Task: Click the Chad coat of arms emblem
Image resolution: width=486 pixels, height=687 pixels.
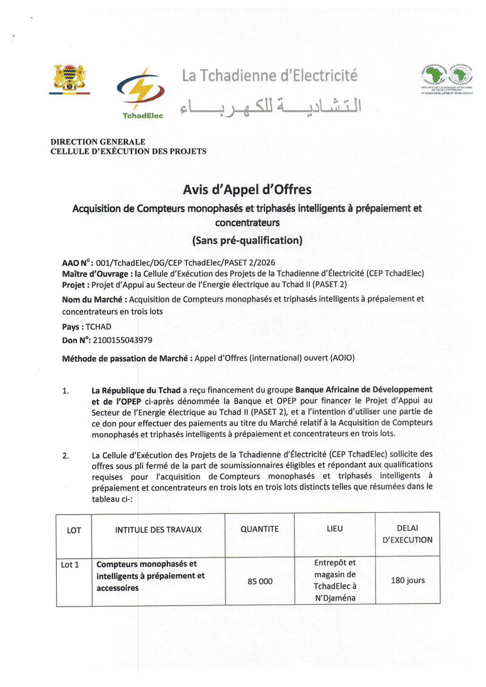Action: (70, 78)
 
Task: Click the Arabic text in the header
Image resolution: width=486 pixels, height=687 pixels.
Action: (271, 107)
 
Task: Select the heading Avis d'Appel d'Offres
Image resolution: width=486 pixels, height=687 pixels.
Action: (247, 190)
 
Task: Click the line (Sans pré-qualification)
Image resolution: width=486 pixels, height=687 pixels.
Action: (247, 241)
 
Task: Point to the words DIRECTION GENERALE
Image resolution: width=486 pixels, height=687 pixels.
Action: (98, 142)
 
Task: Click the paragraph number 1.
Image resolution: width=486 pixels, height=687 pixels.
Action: (66, 391)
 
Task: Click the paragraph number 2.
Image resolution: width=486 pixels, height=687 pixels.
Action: (66, 455)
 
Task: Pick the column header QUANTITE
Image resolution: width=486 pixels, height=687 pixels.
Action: (259, 529)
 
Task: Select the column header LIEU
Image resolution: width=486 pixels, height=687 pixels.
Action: (335, 529)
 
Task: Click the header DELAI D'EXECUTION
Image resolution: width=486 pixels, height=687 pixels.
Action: (407, 534)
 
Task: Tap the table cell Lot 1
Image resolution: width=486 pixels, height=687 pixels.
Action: (70, 565)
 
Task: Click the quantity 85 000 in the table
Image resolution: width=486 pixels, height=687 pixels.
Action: (260, 581)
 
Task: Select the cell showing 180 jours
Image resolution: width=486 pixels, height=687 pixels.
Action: (407, 580)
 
